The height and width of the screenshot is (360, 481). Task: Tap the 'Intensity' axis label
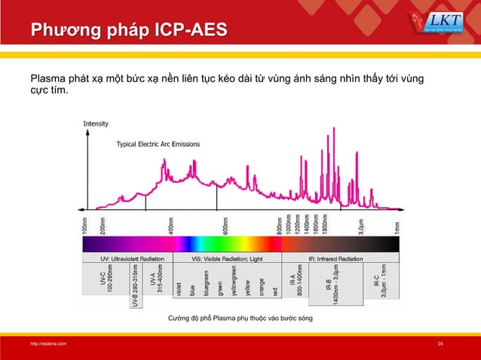tap(96, 124)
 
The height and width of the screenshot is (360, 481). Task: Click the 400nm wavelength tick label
tap(172, 225)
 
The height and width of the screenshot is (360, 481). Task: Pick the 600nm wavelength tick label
tap(225, 225)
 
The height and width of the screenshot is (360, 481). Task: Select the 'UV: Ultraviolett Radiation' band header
tap(127, 258)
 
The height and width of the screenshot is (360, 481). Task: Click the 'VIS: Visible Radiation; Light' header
tap(227, 258)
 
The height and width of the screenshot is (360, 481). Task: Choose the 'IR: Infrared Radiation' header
tap(338, 258)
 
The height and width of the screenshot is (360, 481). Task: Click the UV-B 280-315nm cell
tap(136, 286)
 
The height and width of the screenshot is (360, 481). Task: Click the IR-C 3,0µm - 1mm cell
tap(380, 280)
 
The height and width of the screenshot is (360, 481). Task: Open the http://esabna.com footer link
tap(47, 344)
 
